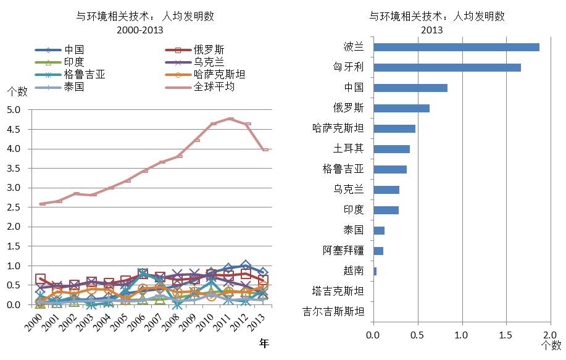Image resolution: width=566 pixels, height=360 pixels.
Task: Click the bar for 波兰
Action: tap(456, 48)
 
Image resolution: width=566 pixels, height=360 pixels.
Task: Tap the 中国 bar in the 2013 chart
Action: tap(410, 88)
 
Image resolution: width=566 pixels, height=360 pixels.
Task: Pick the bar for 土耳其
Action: tap(391, 149)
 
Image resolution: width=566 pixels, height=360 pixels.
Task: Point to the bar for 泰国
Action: tap(379, 230)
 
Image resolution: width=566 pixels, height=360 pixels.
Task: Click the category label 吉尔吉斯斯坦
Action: tap(334, 311)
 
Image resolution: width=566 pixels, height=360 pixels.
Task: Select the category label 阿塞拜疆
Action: tap(343, 251)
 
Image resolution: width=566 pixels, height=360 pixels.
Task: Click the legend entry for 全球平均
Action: tap(214, 87)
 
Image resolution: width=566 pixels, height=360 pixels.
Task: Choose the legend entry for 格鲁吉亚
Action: tap(84, 75)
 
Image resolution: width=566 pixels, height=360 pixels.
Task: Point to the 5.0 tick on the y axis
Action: tap(14, 110)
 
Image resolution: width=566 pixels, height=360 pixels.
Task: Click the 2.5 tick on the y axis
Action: tap(14, 207)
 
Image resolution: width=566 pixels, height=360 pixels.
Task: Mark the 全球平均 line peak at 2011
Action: tap(231, 119)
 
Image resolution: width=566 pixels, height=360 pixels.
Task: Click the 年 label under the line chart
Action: tap(264, 342)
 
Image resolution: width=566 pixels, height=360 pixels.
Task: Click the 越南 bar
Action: tap(375, 271)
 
